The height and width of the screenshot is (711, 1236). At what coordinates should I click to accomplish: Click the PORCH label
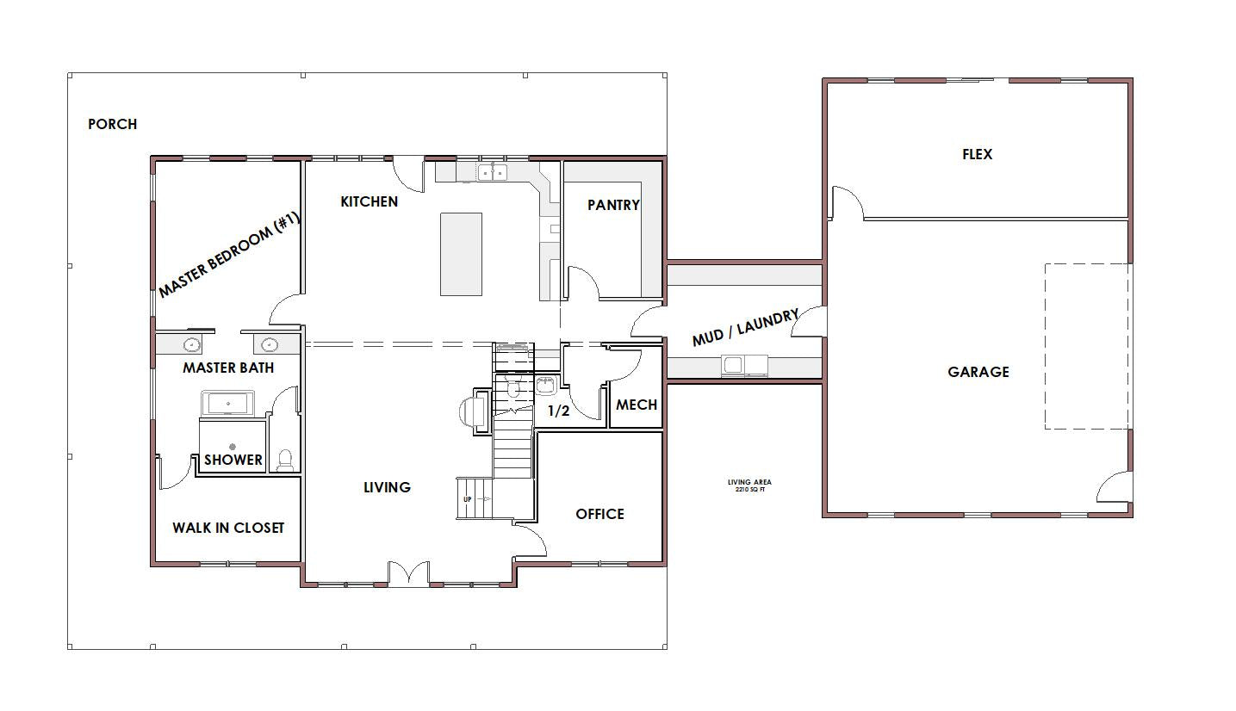[113, 124]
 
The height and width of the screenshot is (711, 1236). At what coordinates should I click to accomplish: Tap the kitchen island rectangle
[461, 254]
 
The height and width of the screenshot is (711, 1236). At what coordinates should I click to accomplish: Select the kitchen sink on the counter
[492, 172]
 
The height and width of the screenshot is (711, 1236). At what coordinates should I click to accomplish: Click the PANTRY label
[613, 205]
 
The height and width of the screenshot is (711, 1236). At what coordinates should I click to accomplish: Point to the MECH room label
[637, 405]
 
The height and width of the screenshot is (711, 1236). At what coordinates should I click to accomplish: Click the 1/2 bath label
[558, 411]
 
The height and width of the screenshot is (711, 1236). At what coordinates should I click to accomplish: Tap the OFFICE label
[599, 514]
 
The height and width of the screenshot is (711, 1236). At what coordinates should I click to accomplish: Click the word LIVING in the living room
[387, 487]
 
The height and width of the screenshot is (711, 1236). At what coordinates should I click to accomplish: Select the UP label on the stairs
[468, 499]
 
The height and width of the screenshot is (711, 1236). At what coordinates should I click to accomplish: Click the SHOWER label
[233, 460]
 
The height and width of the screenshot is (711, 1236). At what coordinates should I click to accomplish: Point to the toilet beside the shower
[285, 461]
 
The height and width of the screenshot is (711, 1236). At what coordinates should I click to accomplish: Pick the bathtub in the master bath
[228, 403]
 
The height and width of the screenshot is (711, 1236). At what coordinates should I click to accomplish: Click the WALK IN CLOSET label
[228, 528]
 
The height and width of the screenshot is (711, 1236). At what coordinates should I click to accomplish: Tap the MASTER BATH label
[228, 368]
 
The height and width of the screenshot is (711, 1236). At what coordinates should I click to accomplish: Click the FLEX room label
[978, 154]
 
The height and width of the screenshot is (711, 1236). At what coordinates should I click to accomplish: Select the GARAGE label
[978, 372]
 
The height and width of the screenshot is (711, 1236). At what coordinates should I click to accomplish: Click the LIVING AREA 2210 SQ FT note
[750, 485]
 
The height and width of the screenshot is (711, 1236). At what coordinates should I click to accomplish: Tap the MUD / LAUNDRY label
[745, 328]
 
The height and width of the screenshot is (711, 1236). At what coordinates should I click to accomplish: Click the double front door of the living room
[408, 573]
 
